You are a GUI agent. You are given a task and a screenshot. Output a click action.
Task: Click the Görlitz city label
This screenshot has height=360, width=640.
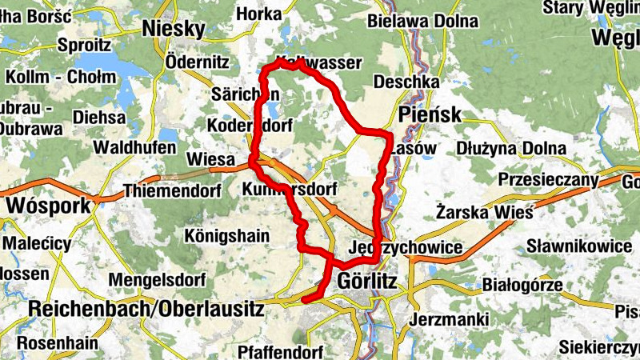pos(368,282)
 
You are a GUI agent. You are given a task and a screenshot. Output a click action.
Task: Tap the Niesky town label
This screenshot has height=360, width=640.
pos(173,30)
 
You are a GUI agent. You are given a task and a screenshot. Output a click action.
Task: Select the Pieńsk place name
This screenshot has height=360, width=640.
pos(430,114)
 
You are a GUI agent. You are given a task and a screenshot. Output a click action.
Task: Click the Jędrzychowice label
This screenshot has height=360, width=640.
pos(406,248)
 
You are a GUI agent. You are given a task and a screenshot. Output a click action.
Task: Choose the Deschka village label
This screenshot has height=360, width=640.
pos(406,82)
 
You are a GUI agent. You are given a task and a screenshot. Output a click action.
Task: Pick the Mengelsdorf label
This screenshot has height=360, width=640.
pos(152,280)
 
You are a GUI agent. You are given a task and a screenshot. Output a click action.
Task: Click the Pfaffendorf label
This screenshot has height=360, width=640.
pos(280,351)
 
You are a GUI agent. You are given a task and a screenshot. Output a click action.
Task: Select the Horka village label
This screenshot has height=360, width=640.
pos(258,14)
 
